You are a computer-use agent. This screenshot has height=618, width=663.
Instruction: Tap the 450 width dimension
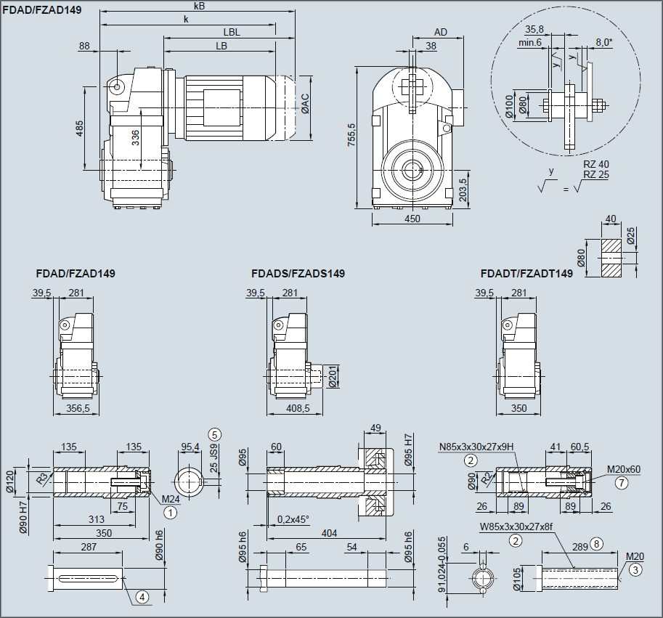(412, 217)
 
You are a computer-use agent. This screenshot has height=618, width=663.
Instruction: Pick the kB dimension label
(199, 6)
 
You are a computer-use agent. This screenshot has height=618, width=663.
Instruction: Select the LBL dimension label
(232, 32)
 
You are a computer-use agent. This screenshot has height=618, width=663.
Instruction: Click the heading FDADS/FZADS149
(298, 274)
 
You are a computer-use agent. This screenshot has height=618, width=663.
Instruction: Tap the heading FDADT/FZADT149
(526, 274)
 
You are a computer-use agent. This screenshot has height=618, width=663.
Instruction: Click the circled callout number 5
(214, 434)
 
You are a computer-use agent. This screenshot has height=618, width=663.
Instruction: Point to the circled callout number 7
(621, 481)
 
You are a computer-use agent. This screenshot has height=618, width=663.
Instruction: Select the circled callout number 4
(142, 597)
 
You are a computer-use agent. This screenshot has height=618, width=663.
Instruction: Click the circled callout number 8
(597, 542)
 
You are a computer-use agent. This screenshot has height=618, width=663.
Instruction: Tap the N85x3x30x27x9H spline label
(477, 447)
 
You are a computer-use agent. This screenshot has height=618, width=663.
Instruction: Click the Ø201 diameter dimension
(333, 376)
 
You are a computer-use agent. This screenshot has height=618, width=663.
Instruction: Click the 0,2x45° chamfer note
(293, 519)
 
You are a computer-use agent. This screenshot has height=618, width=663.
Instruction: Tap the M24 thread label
(169, 499)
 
